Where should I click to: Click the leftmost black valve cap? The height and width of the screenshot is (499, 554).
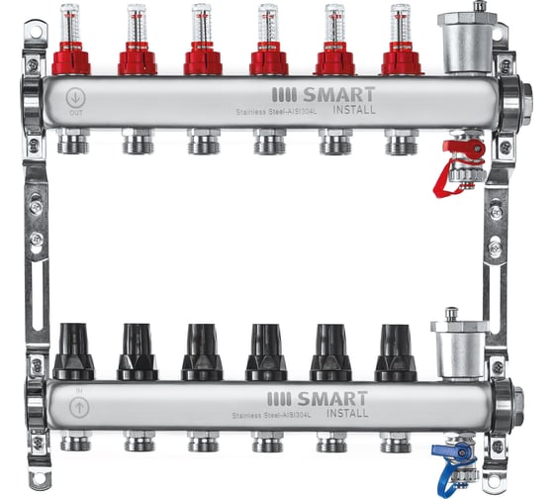pos(73,351)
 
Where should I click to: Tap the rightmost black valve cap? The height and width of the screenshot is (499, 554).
pos(395,351)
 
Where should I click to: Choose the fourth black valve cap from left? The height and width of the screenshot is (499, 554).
pos(266,351)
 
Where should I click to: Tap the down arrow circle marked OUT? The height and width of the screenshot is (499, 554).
pos(75,98)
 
